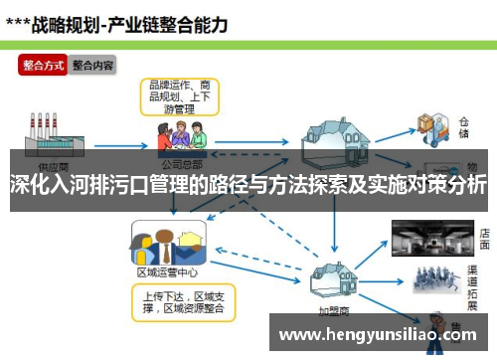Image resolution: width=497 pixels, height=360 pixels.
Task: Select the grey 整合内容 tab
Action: [x=92, y=66]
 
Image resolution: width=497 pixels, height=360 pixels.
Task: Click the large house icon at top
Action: [x=340, y=134]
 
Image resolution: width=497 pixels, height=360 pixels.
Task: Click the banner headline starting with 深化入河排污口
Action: [x=248, y=185]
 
